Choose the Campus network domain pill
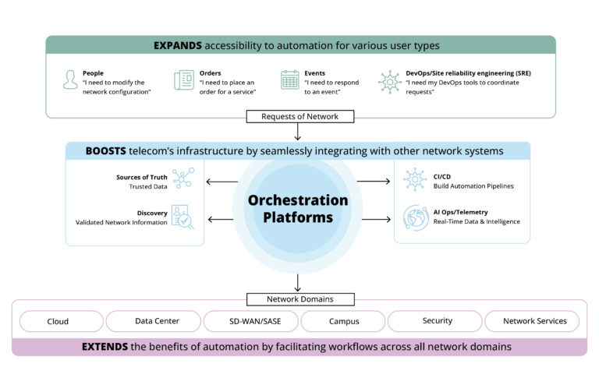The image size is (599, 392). pyautogui.click(x=343, y=321)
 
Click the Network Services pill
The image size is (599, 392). pyautogui.click(x=530, y=321)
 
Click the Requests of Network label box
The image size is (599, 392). pyautogui.click(x=299, y=117)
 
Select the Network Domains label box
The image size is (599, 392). pyautogui.click(x=299, y=298)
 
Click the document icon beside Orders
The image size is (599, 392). pyautogui.click(x=184, y=80)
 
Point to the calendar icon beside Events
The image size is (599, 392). pyautogui.click(x=289, y=80)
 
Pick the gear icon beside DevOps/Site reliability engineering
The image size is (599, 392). pyautogui.click(x=389, y=81)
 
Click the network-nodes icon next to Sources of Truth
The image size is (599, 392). pyautogui.click(x=183, y=179)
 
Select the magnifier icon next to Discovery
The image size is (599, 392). pyautogui.click(x=183, y=217)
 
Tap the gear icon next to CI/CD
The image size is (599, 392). pyautogui.click(x=414, y=179)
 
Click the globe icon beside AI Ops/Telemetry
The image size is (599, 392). pyautogui.click(x=414, y=217)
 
